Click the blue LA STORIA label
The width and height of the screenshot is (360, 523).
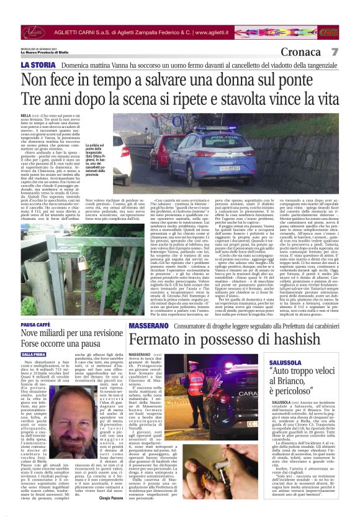pyautogui.click(x=38, y=65)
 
